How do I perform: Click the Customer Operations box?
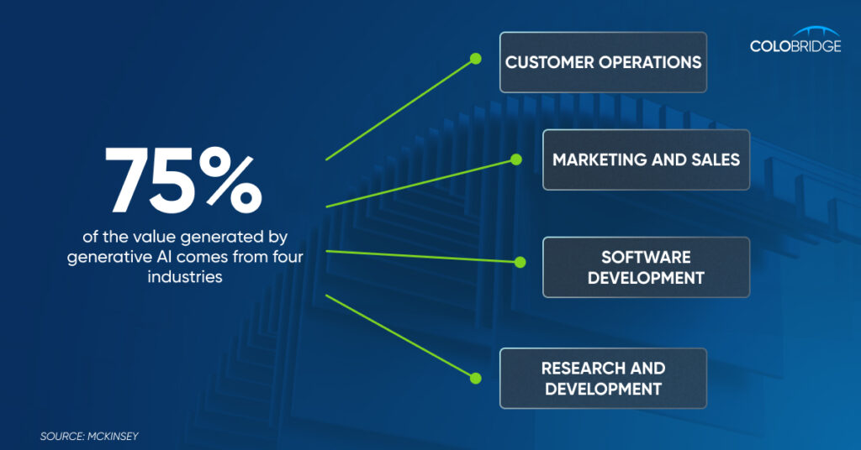pos(603,62)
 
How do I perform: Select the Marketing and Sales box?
pos(647,160)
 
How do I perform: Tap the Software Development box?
pos(647,267)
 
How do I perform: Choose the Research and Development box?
pos(603,378)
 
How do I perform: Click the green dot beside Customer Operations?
pos(476,59)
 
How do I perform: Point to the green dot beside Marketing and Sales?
pos(516,160)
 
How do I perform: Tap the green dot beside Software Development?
pos(520,263)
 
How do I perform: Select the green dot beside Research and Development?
pos(476,378)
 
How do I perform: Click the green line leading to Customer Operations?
pos(400,110)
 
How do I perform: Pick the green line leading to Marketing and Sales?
pos(421,183)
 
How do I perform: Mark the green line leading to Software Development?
pos(423,257)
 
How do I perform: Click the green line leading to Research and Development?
pos(400,337)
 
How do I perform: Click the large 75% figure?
pos(183,180)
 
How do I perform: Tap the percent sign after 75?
pos(230,180)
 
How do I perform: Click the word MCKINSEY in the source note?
pos(113,437)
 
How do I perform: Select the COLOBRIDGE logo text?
pos(795,46)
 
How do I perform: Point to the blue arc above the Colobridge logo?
pos(816,30)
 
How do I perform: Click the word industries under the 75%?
pos(185,276)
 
